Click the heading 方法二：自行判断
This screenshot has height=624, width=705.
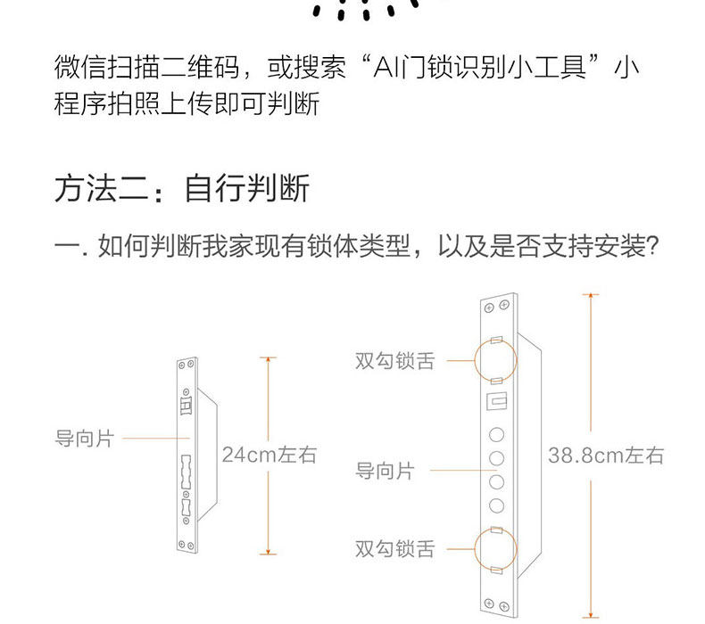click(182, 189)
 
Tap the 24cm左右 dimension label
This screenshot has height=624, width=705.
click(269, 455)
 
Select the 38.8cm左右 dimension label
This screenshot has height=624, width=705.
click(606, 456)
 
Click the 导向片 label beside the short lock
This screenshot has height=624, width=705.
click(84, 439)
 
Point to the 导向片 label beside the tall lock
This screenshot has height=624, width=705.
click(385, 471)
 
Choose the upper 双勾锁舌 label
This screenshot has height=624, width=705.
click(395, 361)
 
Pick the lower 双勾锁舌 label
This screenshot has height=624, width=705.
click(395, 549)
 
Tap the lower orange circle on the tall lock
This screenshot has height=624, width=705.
click(497, 548)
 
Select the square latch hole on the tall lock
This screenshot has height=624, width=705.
click(496, 402)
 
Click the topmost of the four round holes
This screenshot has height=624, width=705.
click(497, 435)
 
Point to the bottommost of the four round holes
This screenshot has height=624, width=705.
click(497, 506)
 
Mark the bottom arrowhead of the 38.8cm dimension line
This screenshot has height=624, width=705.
click(591, 612)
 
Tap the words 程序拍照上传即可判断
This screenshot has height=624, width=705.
click(187, 104)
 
